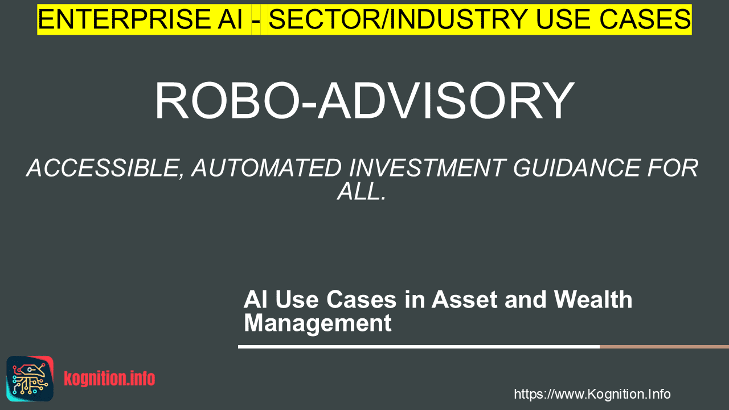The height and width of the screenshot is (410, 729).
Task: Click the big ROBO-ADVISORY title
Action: [364, 101]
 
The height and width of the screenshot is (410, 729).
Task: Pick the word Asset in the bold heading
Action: [464, 300]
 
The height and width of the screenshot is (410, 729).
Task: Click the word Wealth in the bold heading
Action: [593, 299]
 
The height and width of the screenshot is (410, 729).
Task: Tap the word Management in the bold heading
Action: [318, 323]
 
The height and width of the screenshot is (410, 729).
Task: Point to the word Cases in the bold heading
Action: [361, 300]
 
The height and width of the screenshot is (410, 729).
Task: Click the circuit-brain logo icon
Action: [30, 379]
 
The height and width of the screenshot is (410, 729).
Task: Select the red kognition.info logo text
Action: [109, 379]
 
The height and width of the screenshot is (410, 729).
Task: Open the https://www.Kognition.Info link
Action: [592, 394]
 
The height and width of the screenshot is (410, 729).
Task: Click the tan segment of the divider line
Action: [664, 347]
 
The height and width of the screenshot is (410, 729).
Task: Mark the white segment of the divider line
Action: [419, 347]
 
